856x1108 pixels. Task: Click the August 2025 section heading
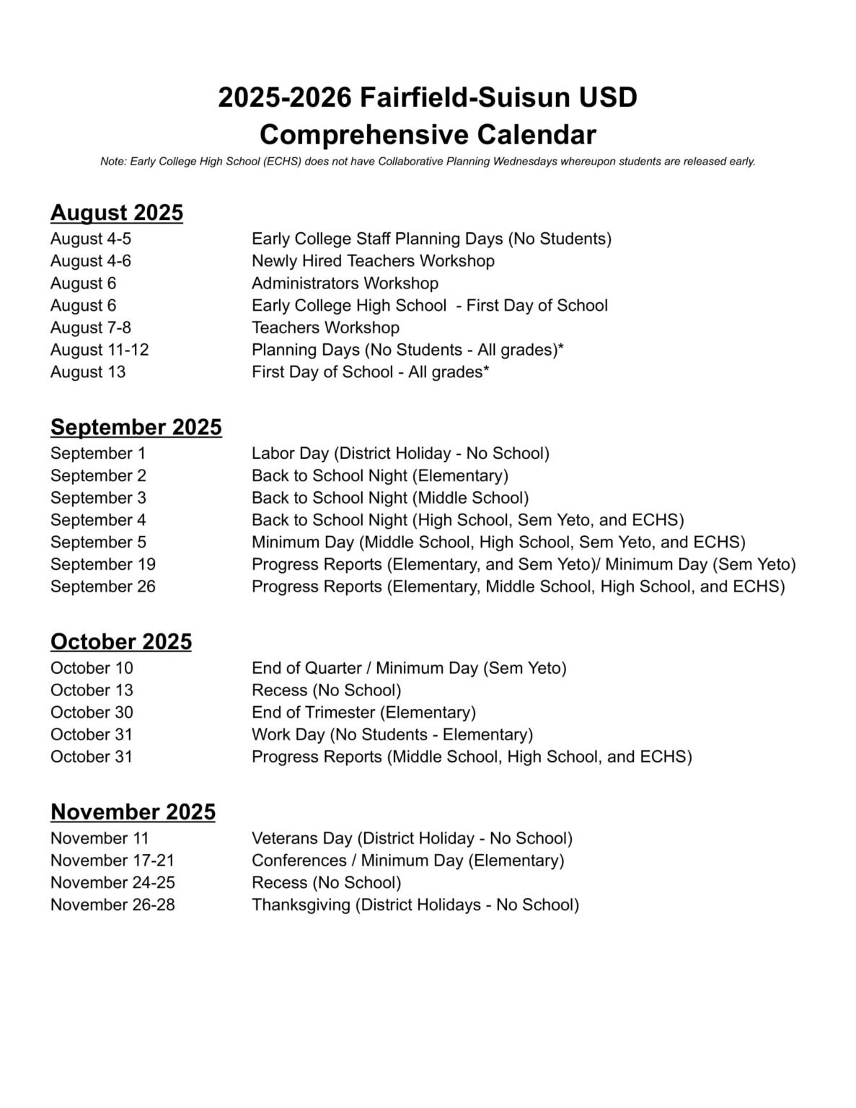point(116,213)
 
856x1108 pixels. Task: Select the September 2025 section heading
point(136,427)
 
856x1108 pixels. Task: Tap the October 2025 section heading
point(121,641)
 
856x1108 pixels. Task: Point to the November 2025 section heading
point(133,812)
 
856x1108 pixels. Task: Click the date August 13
point(88,371)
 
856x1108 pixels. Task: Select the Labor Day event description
point(400,453)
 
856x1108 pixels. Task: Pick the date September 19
point(102,564)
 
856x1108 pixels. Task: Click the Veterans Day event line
point(412,838)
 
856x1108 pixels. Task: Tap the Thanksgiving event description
point(415,905)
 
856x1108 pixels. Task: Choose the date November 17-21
point(112,861)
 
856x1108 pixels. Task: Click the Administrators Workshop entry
point(345,283)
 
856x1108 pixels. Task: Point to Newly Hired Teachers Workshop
point(373,260)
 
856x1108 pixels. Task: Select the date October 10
point(92,668)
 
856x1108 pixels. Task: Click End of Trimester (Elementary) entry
point(363,712)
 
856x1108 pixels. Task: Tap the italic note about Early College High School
point(428,162)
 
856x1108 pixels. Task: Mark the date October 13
point(92,690)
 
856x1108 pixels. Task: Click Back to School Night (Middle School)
point(390,498)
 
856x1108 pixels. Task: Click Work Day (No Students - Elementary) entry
point(392,734)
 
